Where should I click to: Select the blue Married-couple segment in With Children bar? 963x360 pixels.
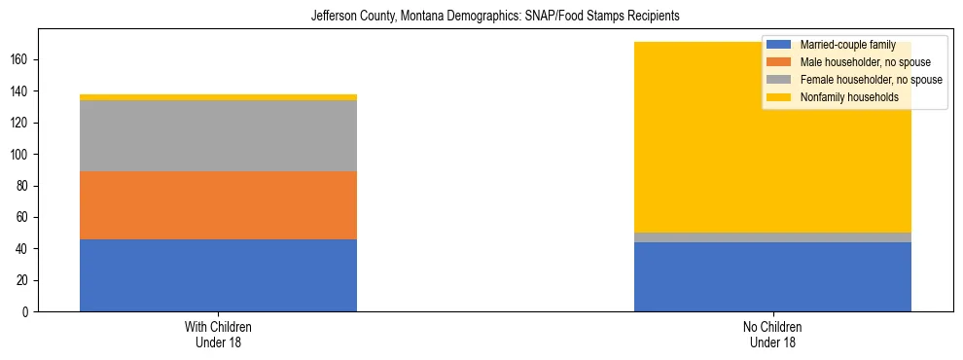point(218,275)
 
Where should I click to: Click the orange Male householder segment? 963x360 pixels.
point(218,205)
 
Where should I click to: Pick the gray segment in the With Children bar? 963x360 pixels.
point(218,135)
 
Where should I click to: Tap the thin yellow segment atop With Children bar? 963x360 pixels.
point(218,97)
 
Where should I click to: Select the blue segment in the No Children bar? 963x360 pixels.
point(772,276)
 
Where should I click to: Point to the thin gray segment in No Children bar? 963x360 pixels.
point(772,237)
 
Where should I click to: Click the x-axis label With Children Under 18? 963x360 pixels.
point(218,334)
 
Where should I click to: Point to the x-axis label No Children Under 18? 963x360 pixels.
point(772,334)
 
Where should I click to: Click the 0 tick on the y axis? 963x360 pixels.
point(28,312)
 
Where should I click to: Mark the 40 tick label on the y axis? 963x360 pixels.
point(25,249)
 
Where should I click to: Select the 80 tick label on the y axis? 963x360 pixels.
point(25,186)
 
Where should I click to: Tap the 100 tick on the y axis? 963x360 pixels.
point(22,155)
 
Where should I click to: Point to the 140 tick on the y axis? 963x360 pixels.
point(22,91)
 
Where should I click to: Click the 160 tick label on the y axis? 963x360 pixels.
point(22,60)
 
